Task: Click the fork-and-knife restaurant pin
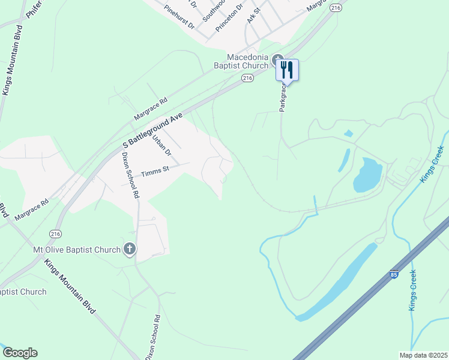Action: pos(287,70)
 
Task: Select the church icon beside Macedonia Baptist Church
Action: pos(278,60)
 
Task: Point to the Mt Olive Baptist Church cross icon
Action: pos(129,249)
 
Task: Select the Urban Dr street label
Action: pos(161,145)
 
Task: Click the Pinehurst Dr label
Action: pos(179,18)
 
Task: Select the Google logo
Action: pos(20,353)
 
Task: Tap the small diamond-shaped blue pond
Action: pos(348,133)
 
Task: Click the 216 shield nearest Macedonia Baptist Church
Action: pos(247,78)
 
